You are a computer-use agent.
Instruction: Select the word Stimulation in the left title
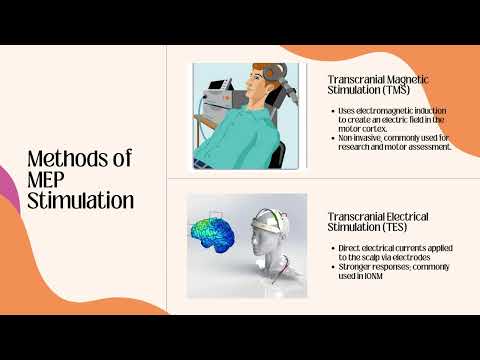point(81,200)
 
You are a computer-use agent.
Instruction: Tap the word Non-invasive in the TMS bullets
point(363,137)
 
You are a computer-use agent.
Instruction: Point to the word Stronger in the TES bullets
point(356,264)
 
